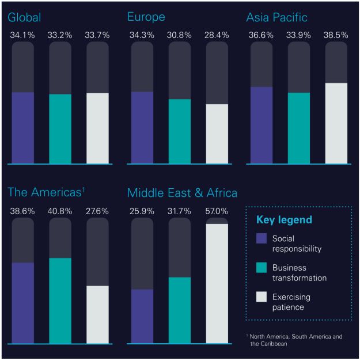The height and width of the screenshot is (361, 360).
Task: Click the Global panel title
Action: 24,17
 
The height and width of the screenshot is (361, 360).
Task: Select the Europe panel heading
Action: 146,17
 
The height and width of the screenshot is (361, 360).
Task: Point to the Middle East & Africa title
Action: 182,192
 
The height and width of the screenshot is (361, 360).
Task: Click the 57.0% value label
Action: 217,211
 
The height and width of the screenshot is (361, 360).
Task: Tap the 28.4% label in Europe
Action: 217,36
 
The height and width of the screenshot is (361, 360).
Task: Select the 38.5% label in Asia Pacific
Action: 336,36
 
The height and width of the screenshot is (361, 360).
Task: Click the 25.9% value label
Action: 142,211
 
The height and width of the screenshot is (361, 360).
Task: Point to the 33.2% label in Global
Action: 60,36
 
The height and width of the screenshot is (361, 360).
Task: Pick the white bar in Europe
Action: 217,134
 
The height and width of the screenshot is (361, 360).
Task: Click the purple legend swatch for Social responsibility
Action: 261,239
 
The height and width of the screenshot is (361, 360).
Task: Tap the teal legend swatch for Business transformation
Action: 261,268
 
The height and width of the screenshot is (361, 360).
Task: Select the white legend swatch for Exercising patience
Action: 261,297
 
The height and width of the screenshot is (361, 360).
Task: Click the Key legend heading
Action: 284,220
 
